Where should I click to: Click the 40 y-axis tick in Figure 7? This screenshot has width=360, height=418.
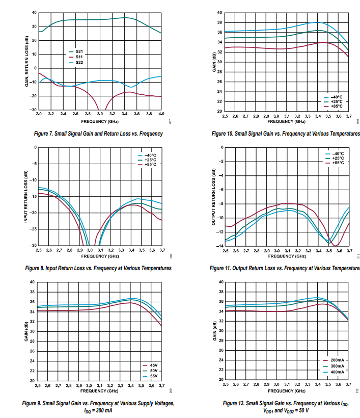34,12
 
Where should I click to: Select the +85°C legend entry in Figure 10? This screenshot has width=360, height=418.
337,107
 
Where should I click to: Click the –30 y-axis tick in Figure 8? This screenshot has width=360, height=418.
33,245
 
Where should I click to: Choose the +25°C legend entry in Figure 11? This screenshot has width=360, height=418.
338,158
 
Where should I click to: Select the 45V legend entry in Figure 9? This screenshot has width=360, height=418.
153,365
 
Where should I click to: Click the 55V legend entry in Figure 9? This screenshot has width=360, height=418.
153,376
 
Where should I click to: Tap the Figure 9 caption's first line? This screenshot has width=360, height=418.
99,403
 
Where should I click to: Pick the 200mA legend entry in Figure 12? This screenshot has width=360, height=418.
337,360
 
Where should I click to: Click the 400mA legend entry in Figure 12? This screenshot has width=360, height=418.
337,372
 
